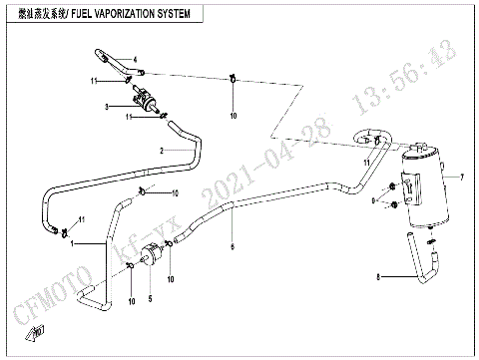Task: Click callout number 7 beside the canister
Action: click(462, 177)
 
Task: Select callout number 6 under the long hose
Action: click(234, 246)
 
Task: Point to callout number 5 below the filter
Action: click(151, 298)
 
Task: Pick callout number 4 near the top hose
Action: click(106, 59)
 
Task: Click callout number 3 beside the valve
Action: click(107, 105)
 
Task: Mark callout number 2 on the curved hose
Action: click(160, 150)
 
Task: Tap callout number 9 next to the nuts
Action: click(373, 201)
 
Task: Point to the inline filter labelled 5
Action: click(152, 257)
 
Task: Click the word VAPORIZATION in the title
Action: click(127, 16)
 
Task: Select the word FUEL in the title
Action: click(78, 16)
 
